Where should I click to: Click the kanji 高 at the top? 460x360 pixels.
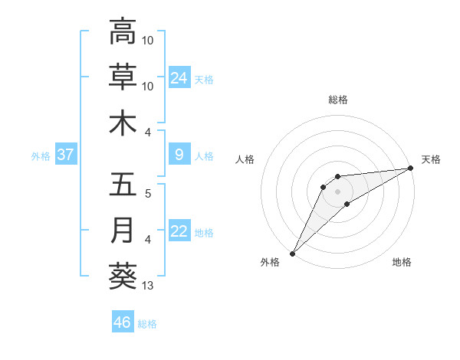pos(123,31)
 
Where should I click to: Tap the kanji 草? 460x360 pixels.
pos(123,77)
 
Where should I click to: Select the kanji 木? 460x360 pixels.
pos(123,123)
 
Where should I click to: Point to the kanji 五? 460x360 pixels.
pos(123,185)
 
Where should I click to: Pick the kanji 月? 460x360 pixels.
pos(123,231)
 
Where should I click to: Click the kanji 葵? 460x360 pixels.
pos(123,277)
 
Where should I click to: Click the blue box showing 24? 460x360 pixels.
pos(179,78)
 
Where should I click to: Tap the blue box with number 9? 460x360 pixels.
pos(179,155)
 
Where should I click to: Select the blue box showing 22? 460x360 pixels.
pos(179,231)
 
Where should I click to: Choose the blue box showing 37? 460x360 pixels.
pos(65,155)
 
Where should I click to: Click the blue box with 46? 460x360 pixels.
pos(123,322)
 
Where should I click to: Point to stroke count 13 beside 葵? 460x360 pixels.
pos(149,286)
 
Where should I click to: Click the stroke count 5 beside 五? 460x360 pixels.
pos(148,194)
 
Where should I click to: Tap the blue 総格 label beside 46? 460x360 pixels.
pos(147,323)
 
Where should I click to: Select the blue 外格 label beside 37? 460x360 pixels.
pos(41,156)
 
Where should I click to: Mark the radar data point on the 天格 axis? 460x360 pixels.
pos(411,169)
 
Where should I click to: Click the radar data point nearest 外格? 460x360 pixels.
pos(292,254)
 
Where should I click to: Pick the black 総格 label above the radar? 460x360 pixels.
pos(338,100)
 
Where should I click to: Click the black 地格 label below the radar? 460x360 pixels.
pos(402,263)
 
